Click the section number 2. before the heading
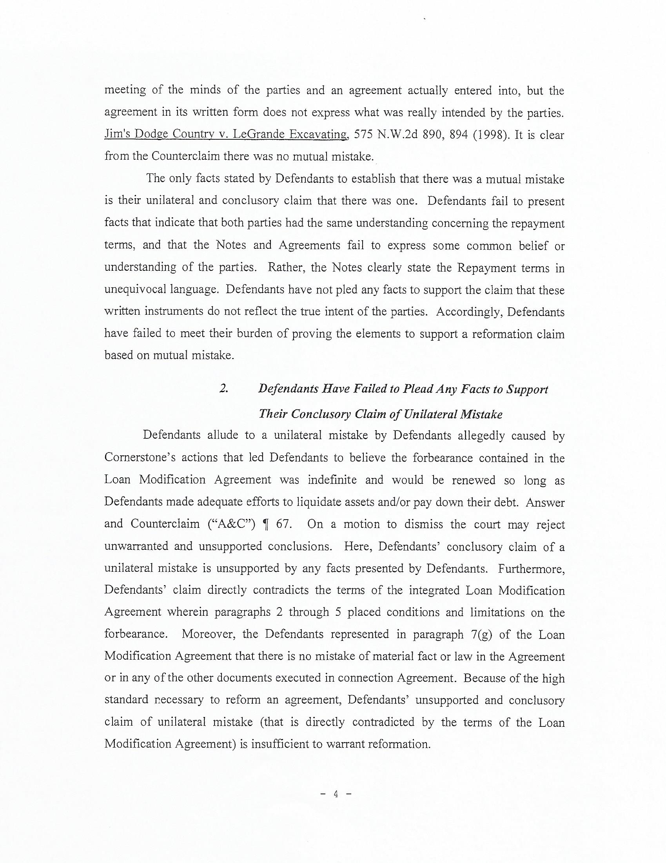(x=223, y=389)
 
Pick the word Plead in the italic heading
(x=417, y=389)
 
